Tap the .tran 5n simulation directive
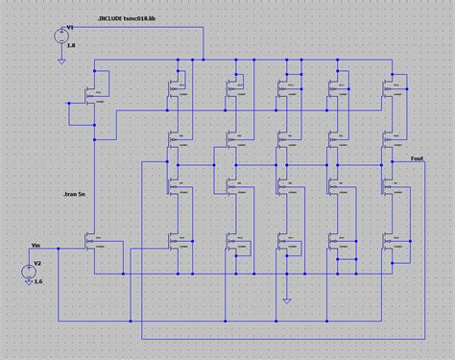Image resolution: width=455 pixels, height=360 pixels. [x=70, y=194]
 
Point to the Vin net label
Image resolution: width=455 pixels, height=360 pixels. [x=36, y=245]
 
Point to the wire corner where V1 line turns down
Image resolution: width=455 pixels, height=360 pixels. [x=204, y=28]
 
